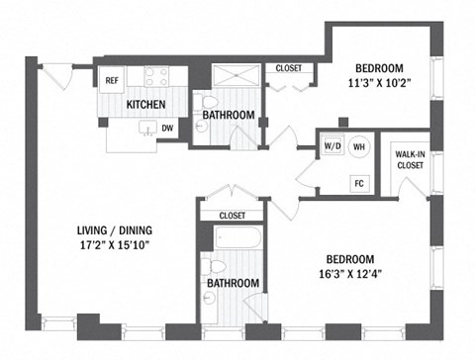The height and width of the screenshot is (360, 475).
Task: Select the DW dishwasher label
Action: tap(167, 128)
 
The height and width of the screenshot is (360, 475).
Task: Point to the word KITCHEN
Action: tap(144, 104)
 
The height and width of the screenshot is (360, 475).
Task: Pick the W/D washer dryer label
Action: tap(332, 146)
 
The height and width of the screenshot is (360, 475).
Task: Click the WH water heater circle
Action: tap(359, 146)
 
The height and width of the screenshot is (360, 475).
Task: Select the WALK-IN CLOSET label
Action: tap(410, 159)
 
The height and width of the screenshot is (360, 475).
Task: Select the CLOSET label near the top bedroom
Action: tap(289, 68)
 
